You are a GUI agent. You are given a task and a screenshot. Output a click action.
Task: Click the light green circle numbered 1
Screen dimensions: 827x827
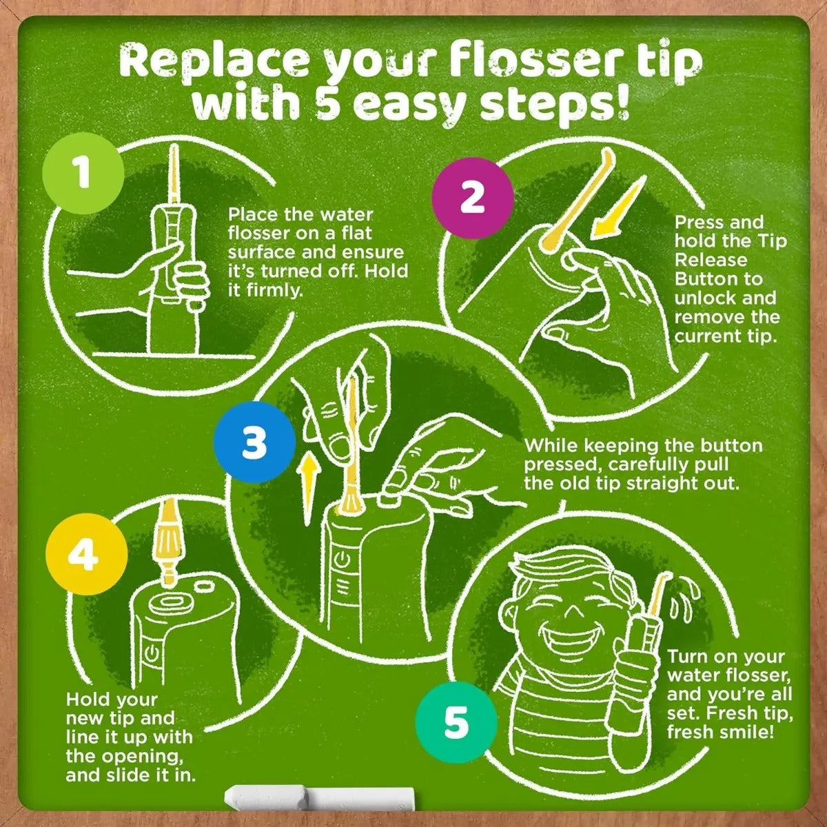[x=83, y=173]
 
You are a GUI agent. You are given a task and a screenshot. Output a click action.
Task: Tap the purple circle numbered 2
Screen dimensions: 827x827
[x=473, y=198]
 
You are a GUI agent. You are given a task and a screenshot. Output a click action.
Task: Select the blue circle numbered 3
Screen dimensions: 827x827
[x=255, y=442]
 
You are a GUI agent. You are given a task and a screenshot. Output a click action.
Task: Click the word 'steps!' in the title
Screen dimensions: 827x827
[x=553, y=105]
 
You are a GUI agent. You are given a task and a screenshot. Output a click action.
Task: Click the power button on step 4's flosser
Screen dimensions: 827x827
[x=154, y=653]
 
